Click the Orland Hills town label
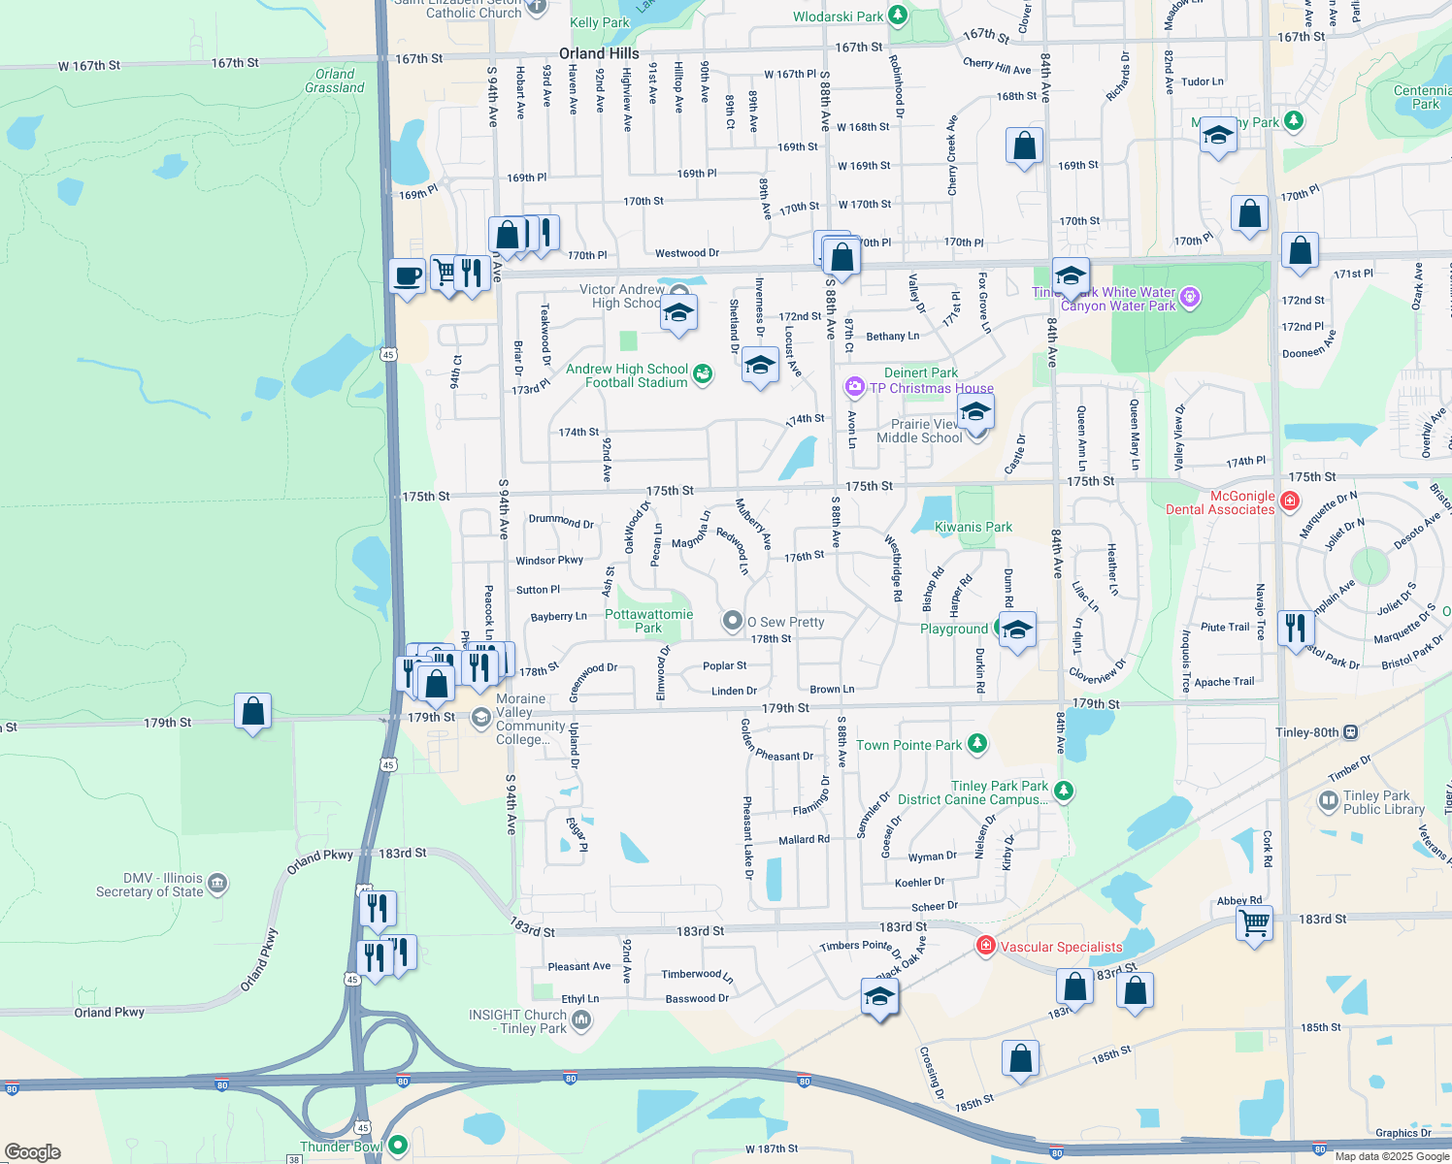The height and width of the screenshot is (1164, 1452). point(599,53)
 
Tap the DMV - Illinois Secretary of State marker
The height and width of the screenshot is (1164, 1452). point(217,883)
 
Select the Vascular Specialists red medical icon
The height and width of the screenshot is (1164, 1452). point(986,946)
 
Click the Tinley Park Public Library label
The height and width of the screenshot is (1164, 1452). point(1383,802)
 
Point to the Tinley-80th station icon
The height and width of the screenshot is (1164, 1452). point(1350,732)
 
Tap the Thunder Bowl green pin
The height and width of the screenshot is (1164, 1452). point(397,1146)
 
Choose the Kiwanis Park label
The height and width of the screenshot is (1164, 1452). point(973,527)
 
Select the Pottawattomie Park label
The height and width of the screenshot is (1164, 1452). point(648,621)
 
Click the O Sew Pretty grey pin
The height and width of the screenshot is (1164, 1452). point(733,621)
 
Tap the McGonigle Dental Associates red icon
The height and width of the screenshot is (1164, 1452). point(1289,501)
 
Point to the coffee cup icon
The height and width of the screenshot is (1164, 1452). point(408,275)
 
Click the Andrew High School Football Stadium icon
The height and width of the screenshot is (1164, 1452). point(703,373)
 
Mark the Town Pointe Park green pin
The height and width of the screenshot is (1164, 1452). point(977,744)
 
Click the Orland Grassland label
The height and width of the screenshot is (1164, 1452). point(335,81)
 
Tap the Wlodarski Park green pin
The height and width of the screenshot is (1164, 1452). point(898,15)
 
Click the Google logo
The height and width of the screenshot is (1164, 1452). point(33,1152)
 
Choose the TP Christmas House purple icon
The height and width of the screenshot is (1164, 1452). point(854,387)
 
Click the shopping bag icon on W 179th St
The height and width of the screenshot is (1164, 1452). point(252,712)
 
